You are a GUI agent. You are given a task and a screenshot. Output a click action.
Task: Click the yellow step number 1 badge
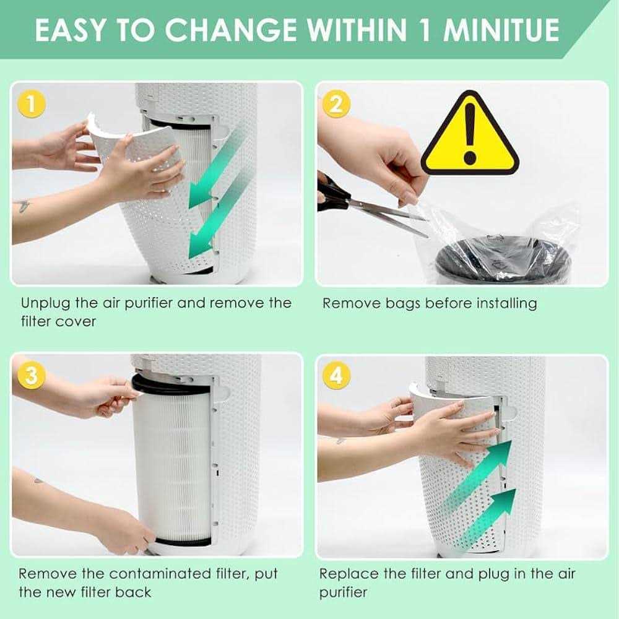[32, 104]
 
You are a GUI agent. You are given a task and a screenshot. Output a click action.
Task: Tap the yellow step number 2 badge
[336, 104]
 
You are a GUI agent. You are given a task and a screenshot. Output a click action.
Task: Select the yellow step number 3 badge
[32, 375]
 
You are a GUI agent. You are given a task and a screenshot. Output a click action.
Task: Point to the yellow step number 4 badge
[336, 375]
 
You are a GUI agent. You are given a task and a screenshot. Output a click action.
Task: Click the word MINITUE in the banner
[501, 30]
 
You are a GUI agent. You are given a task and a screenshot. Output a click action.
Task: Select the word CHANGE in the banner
[231, 30]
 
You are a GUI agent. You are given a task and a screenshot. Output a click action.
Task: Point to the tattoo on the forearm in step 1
[22, 206]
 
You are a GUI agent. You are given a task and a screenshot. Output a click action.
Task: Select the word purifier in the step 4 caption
[343, 593]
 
